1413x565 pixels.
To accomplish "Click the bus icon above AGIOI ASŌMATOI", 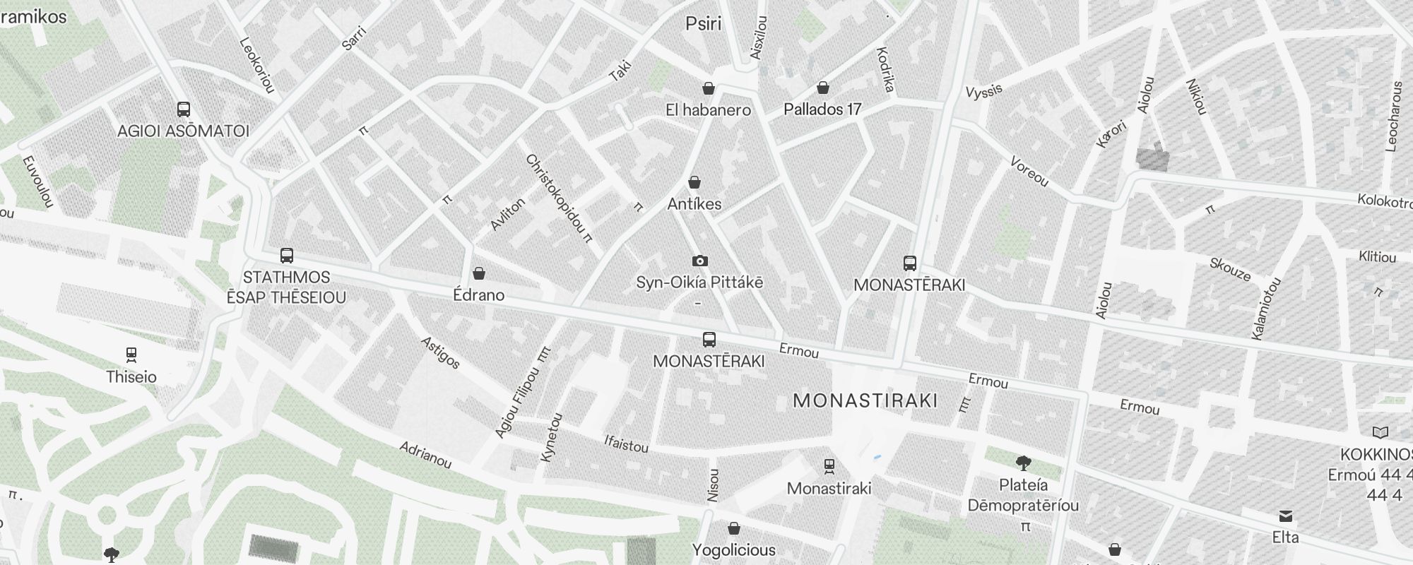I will pos(184,109).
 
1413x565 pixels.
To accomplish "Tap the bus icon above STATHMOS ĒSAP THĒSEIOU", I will pos(287,256).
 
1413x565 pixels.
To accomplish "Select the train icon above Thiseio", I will pos(131,355).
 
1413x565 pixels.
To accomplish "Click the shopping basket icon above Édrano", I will pos(479,273).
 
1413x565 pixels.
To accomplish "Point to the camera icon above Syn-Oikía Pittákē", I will pos(699,261).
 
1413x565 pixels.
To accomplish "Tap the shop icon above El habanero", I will pos(708,88).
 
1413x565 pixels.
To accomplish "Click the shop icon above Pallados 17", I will pos(822,88).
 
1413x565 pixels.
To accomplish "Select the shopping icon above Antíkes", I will pos(694,183).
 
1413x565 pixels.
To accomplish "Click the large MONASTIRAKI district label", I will pos(865,401).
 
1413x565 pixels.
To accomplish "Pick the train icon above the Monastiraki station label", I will pos(829,466).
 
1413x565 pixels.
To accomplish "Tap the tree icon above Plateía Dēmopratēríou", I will pos(1022,463).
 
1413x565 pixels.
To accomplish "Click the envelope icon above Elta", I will pos(1285,516).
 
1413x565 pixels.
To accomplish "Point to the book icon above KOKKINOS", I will pos(1379,432).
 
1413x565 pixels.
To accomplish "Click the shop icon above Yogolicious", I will pos(733,528).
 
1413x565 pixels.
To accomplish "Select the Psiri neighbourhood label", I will pos(704,24).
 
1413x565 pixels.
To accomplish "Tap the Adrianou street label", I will pos(425,456).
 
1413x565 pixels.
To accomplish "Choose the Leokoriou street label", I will pos(256,65).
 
